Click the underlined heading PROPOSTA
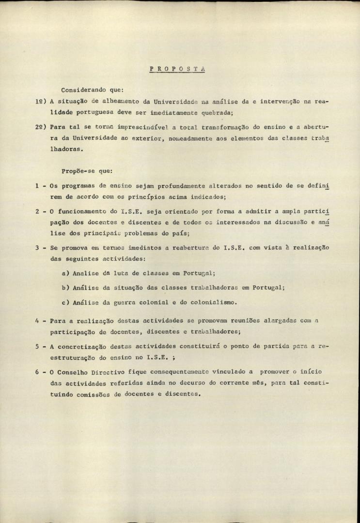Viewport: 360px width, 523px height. coord(177,69)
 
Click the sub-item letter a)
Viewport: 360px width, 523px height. coord(65,273)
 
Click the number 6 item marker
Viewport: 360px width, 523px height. coord(37,371)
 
